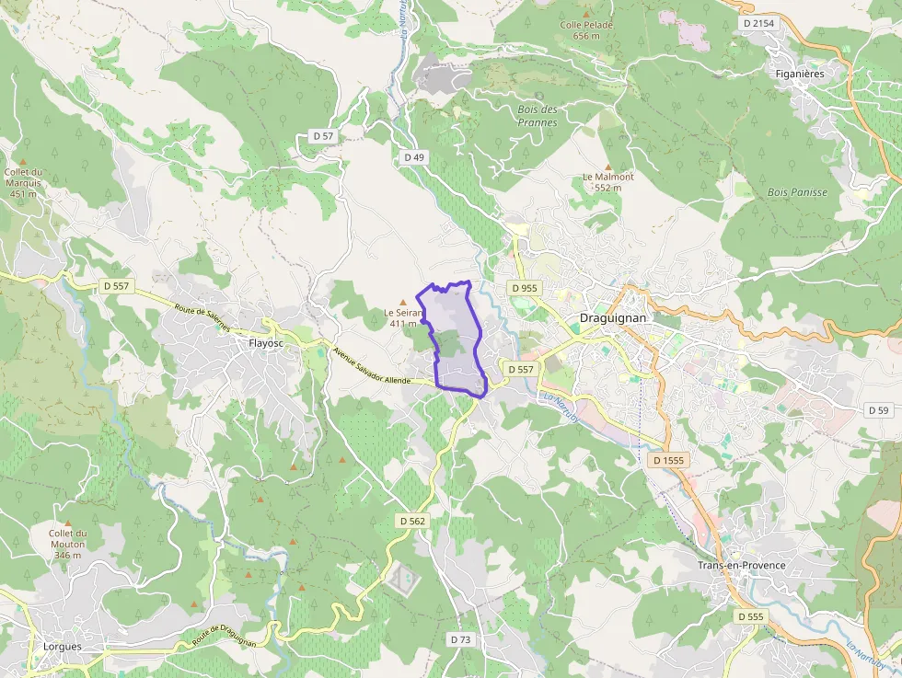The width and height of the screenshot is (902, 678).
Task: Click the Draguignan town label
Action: pos(614,318)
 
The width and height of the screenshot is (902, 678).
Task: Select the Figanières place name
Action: pos(799,73)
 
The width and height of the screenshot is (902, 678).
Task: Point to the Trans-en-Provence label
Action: pos(742,565)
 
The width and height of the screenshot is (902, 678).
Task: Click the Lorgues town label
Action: pos(63,646)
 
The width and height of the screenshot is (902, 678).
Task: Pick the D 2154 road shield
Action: pos(757,22)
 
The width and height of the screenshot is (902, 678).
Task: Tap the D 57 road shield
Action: pos(323,136)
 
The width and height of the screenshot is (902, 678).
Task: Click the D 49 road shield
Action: pos(414,157)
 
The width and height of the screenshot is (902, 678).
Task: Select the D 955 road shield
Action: pos(523,288)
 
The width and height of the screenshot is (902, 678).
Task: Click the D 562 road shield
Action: pos(413,521)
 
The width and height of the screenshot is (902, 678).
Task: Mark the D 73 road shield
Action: pos(460,638)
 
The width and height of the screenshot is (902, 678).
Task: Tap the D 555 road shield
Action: pos(750,615)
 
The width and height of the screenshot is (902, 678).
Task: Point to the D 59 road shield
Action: pos(877,410)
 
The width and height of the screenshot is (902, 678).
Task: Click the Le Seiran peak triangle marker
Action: pos(402,302)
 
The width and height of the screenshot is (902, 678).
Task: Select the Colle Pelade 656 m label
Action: pos(586,30)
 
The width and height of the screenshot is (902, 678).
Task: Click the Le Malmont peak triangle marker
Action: pos(607,167)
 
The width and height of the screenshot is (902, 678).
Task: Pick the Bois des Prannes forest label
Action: pos(538,116)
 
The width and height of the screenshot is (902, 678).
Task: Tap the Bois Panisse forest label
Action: pos(797,192)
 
